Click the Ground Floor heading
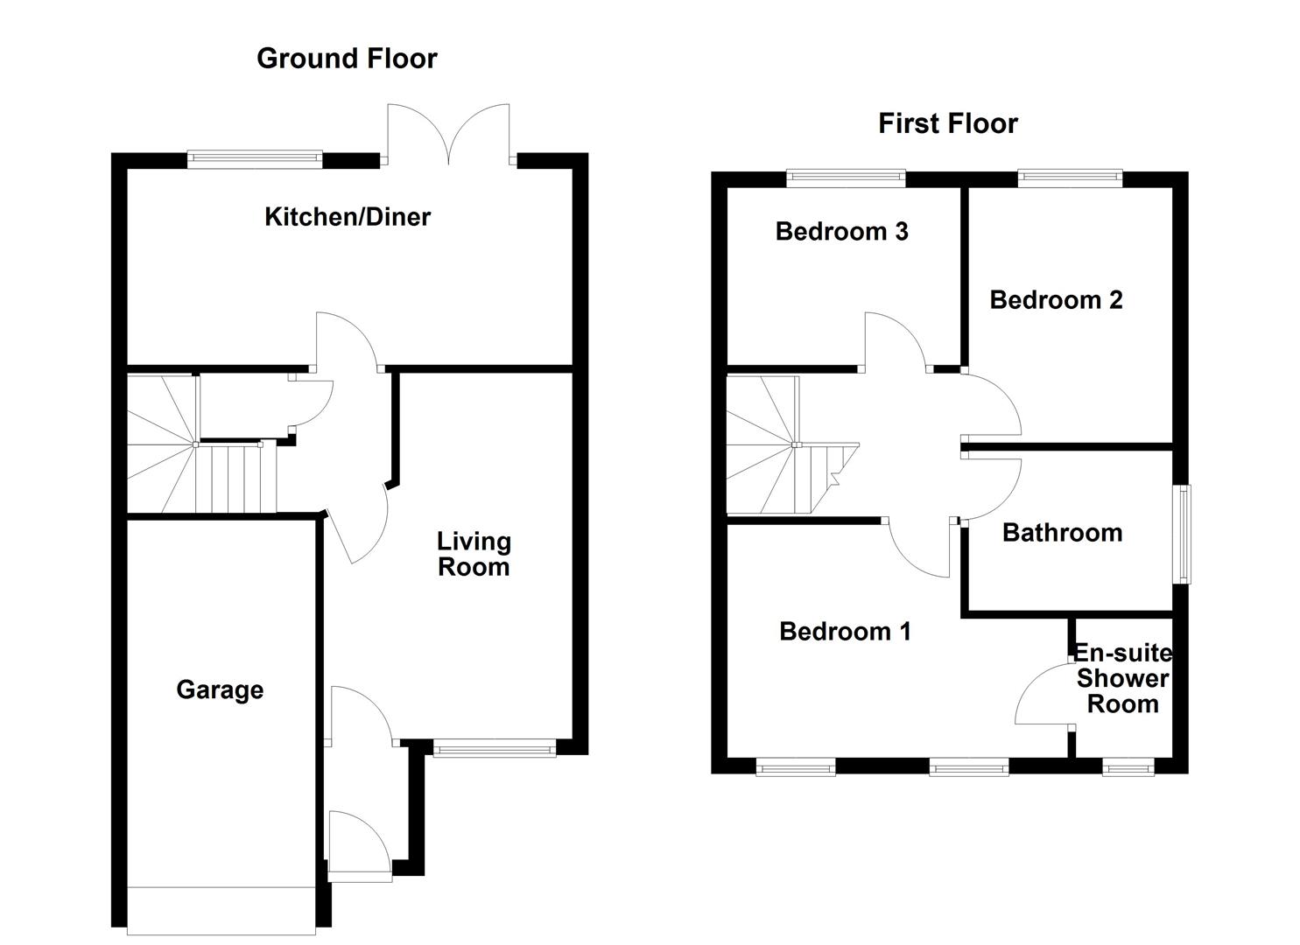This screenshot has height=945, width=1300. coord(347,59)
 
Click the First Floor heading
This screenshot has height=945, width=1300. coord(947,123)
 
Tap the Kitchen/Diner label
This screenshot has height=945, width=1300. coord(348,216)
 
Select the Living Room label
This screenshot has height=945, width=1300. coord(474,554)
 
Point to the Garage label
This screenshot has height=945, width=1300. coord(220,689)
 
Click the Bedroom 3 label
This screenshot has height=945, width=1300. coord(841,231)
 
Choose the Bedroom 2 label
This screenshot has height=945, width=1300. coord(1056,299)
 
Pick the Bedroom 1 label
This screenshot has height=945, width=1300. coord(845,631)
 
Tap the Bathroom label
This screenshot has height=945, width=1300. coord(1062,532)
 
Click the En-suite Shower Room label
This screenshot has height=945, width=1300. coord(1122,678)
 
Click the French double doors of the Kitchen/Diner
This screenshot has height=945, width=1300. coord(449,136)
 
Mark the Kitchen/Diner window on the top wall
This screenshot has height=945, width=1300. coord(255,158)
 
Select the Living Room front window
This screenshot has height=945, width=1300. coord(495,746)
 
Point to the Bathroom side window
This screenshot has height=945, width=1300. coord(1183,534)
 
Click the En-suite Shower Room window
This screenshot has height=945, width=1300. coord(1128,767)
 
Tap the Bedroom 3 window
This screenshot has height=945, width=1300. coord(846,178)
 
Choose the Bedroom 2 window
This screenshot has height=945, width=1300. coord(1070,178)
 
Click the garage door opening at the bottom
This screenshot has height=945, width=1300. coord(221,910)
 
